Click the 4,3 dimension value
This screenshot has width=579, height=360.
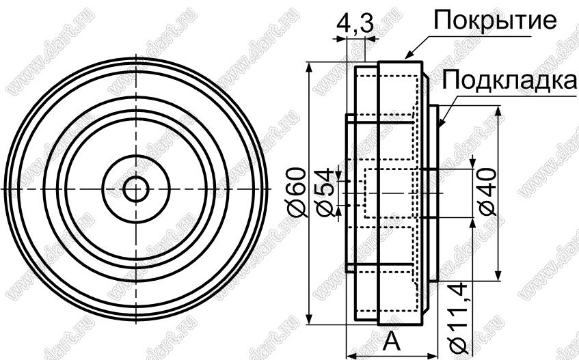click(x=355, y=25)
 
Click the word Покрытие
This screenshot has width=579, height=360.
click(x=495, y=20)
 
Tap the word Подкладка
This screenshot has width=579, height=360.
click(x=509, y=80)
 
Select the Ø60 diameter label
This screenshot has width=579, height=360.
click(x=297, y=192)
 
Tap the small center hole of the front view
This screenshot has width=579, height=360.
click(x=136, y=189)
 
